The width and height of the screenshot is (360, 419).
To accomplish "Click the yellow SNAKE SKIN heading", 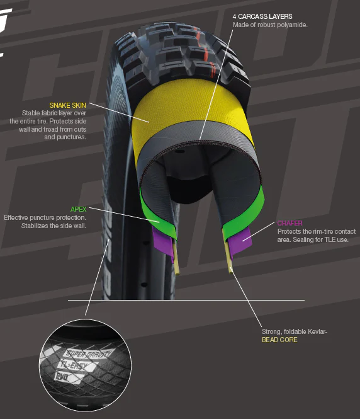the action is [x=67, y=105].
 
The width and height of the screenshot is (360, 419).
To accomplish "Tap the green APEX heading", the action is [x=78, y=209].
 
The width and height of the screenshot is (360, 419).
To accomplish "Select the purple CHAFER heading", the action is [x=290, y=223].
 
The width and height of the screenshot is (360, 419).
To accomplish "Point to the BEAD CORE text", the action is [x=279, y=340].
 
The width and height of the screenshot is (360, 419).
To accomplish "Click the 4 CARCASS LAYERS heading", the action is [x=262, y=16].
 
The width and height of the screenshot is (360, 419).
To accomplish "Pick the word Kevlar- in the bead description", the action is [x=317, y=331].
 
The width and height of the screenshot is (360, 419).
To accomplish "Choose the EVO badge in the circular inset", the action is [x=64, y=377].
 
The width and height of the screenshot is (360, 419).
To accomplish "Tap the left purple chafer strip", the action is [x=162, y=242].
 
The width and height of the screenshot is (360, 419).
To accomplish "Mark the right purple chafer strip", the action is [x=239, y=241].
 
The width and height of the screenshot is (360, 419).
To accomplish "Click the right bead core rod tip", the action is [x=231, y=272].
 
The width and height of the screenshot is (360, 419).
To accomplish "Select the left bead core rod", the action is [x=176, y=256].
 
